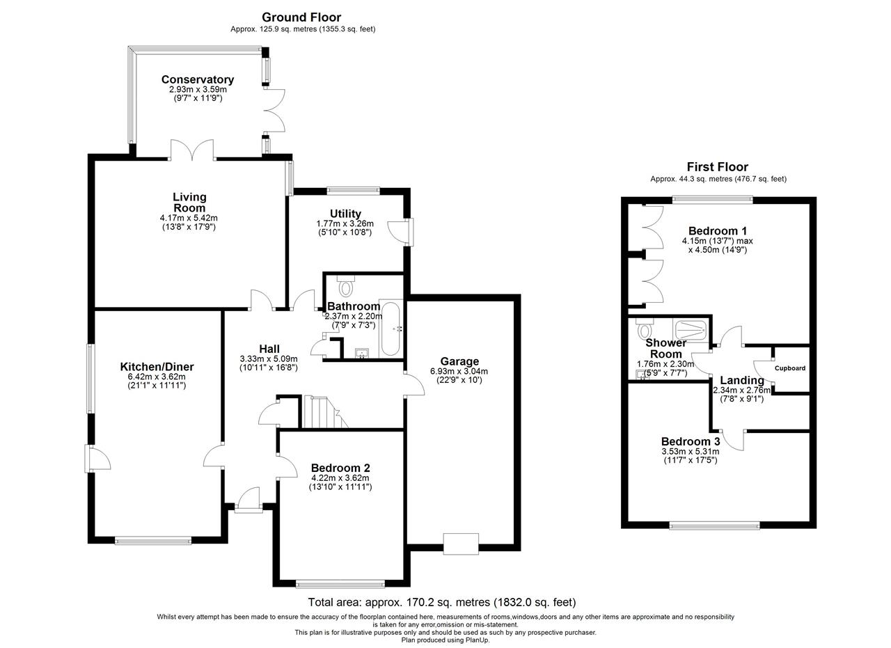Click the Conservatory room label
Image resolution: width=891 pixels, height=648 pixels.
197,79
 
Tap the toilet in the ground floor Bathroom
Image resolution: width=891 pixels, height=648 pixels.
345,285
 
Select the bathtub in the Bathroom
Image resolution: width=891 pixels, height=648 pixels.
391,329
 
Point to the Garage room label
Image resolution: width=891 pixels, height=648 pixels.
459,361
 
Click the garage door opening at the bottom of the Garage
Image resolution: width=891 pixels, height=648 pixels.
461,544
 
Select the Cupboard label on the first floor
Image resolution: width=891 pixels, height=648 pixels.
790,368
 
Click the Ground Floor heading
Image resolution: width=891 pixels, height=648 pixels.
301,17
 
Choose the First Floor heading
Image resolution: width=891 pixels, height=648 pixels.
718,166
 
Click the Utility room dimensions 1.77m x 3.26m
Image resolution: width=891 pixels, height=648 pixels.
345,223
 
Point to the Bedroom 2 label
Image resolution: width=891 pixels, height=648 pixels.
340,468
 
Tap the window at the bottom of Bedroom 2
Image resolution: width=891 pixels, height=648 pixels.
340,584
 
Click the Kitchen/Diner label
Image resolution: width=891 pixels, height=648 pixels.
157,366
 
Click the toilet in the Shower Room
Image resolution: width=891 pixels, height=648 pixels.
645,329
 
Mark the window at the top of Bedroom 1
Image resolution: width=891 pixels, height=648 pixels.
713,200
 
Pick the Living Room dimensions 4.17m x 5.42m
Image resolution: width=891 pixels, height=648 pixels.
189,218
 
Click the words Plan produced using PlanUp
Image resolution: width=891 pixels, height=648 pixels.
445,640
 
